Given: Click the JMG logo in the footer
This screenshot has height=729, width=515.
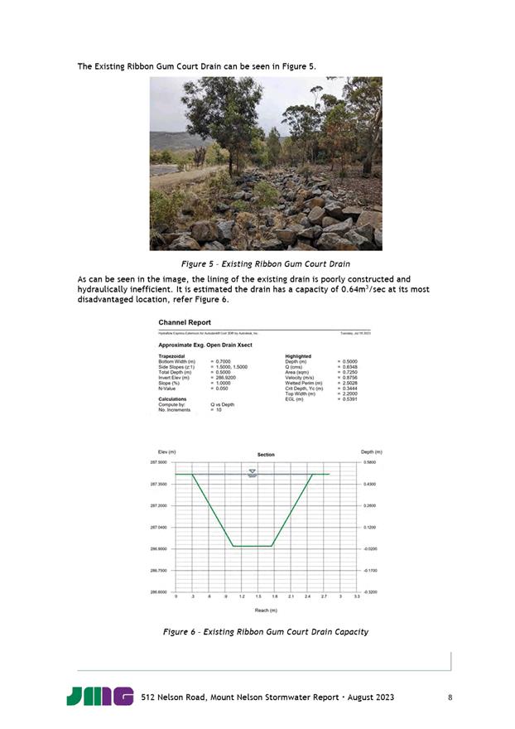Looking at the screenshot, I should click(99, 697).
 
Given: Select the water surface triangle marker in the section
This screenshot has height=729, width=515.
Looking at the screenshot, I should click(253, 471).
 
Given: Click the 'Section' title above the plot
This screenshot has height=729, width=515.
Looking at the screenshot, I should click(266, 455).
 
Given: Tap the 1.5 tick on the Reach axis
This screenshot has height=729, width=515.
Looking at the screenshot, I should click(257, 596).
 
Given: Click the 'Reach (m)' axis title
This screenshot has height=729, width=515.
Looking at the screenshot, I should click(266, 610).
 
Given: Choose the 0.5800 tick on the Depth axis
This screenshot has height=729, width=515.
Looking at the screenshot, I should click(371, 462).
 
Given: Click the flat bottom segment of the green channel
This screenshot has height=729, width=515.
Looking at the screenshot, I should click(253, 546).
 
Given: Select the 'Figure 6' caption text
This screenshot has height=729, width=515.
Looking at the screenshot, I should click(265, 632).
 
